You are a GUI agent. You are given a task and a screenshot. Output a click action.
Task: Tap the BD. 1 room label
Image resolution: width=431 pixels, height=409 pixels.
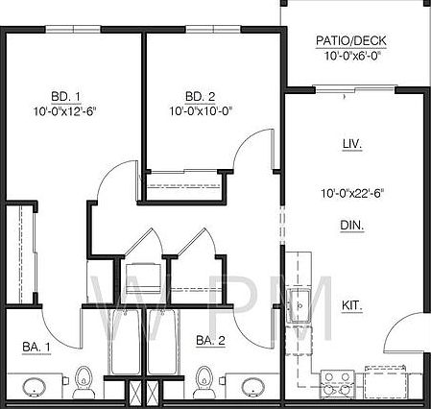[64, 96]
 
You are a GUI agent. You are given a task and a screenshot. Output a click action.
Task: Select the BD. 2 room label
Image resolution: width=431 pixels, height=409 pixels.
[200, 96]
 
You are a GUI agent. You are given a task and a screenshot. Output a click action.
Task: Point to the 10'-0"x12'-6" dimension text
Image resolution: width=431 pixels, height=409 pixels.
[64, 111]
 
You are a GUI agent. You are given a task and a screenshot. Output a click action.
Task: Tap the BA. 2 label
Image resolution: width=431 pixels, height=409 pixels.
[210, 341]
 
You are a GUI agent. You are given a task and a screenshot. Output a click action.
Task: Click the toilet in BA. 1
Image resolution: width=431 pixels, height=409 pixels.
[84, 381]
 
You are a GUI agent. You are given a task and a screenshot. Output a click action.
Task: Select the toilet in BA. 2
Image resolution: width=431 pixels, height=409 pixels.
[202, 381]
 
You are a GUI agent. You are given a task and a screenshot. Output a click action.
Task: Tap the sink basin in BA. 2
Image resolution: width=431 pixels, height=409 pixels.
[253, 387]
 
